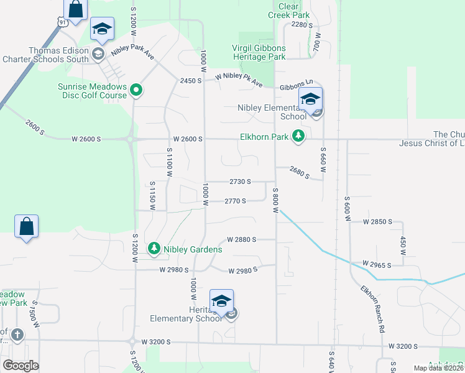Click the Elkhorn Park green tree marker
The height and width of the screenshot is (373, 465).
[x=298, y=136]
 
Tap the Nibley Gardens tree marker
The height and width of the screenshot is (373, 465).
[x=154, y=249]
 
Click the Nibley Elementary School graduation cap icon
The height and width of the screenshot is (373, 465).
[x=310, y=99]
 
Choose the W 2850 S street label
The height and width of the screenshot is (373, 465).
[x=379, y=221]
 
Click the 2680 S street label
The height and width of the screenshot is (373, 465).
[x=298, y=172]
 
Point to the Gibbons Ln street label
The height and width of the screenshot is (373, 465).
[x=296, y=84]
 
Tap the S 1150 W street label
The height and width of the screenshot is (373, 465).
[x=151, y=194]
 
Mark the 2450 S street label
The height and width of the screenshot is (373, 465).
[x=191, y=81]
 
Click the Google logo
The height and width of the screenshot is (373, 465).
[x=21, y=366]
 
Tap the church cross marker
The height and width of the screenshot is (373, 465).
[x=17, y=335]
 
